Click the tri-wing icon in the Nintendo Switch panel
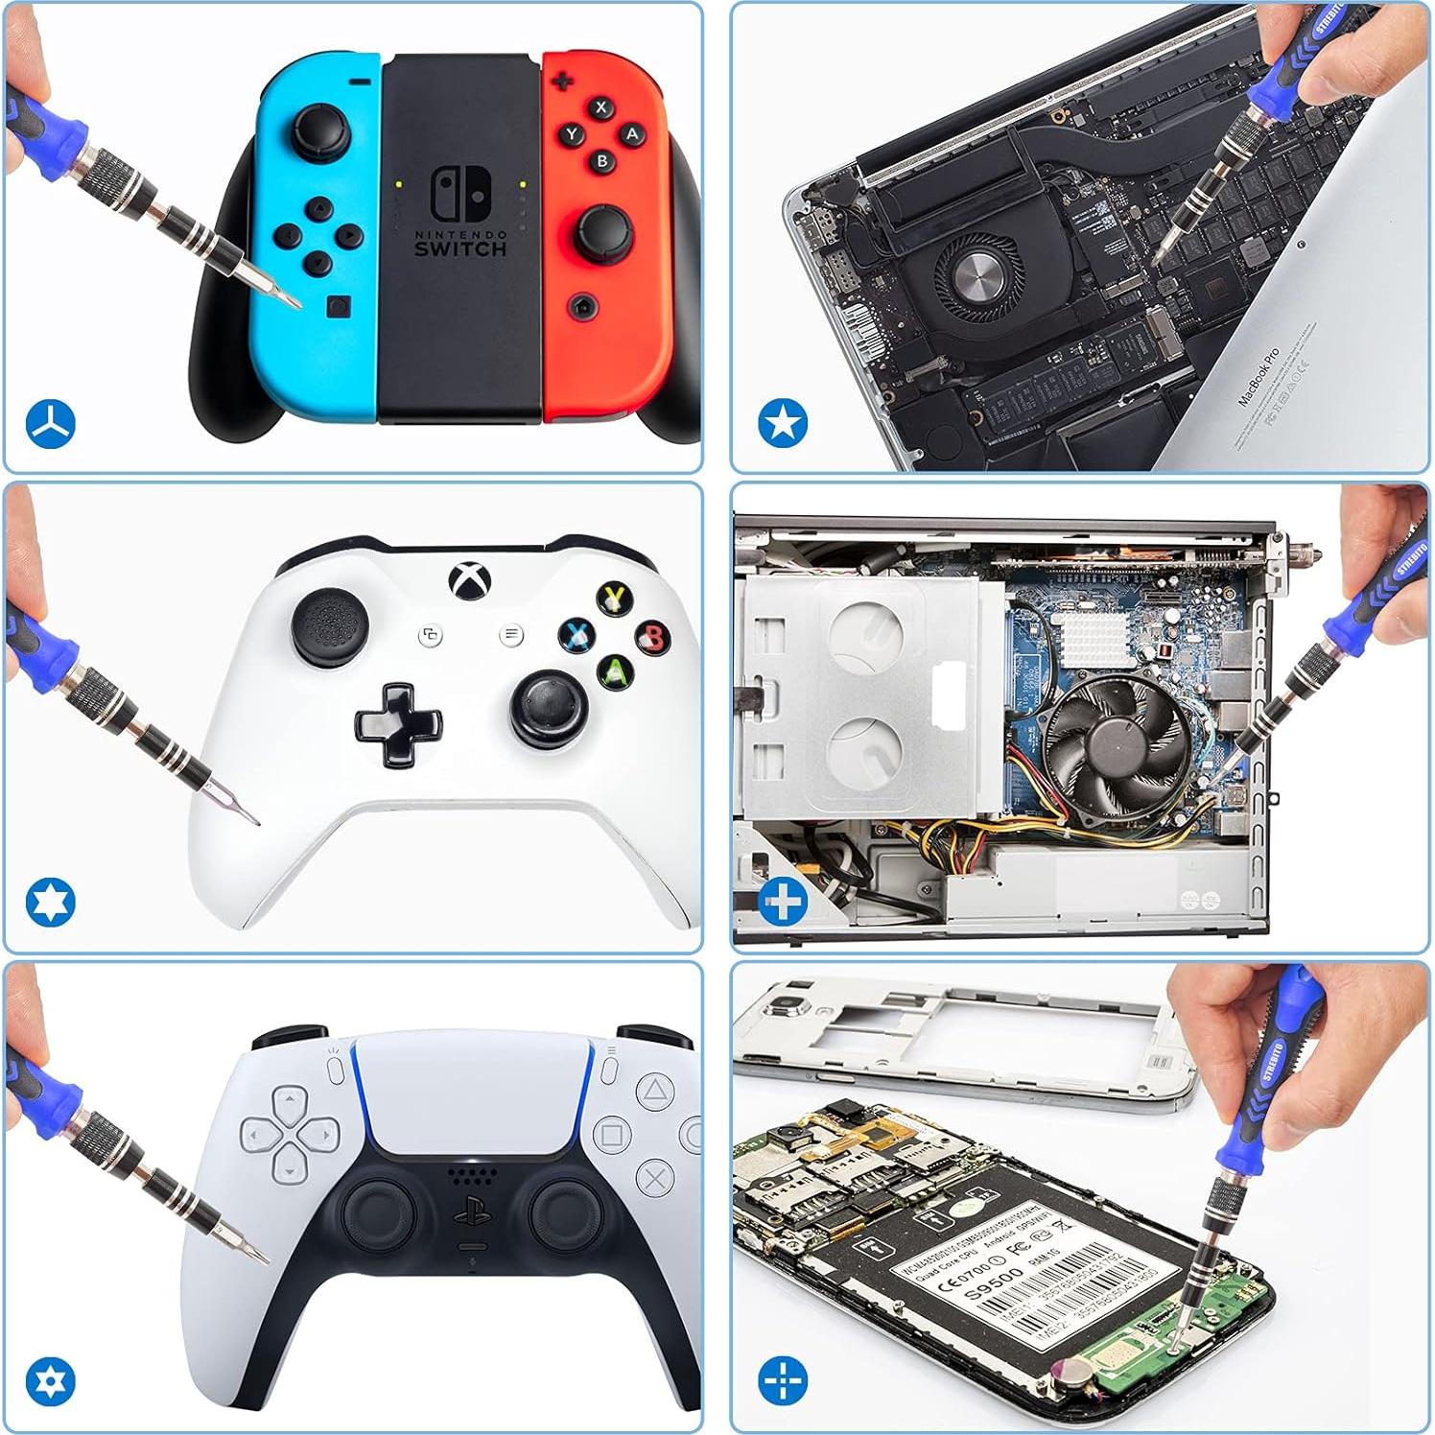(50, 423)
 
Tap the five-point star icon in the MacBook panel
(783, 423)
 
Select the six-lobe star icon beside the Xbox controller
(50, 902)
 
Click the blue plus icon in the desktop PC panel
(783, 902)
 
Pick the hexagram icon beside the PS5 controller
(50, 1381)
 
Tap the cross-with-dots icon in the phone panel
(783, 1381)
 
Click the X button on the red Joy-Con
(601, 107)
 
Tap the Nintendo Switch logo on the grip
(460, 194)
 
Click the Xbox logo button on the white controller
(471, 580)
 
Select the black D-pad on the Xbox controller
(398, 724)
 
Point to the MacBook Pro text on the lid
(1258, 376)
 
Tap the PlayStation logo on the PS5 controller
(472, 1215)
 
